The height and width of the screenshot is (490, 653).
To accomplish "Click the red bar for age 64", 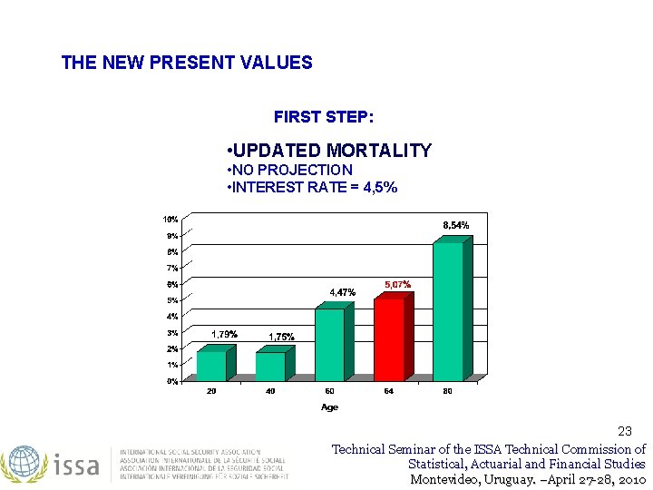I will pos(390,339).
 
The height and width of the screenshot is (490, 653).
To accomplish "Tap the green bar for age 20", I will pos(212,365).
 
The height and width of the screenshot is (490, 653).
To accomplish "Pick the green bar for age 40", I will pos(271,366).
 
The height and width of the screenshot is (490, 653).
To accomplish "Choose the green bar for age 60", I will pos(330,344).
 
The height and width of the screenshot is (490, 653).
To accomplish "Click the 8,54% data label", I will pos(455,224).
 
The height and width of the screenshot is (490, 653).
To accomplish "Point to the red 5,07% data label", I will pos(397,284).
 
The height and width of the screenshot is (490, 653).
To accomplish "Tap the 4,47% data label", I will pos(342,292).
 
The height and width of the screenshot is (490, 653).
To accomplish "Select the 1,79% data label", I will pos(224,334).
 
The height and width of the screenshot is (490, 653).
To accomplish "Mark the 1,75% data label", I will pos(281,337).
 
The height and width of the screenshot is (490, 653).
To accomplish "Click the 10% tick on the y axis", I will pos(170,220).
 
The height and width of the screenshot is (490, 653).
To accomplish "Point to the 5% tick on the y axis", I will pos(171,300).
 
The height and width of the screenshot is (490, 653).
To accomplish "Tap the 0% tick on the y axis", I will pos(171,381).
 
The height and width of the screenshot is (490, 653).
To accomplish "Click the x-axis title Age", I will pos(329,407).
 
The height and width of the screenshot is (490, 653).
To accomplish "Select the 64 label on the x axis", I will pos(388,391).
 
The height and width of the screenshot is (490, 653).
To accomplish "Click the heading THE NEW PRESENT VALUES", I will pos(187,64).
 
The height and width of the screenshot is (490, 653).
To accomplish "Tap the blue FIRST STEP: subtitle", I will pos(324,117).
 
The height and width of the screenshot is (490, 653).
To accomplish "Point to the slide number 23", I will pos(625,431).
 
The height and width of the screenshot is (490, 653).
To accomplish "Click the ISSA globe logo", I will pos(24,464).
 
